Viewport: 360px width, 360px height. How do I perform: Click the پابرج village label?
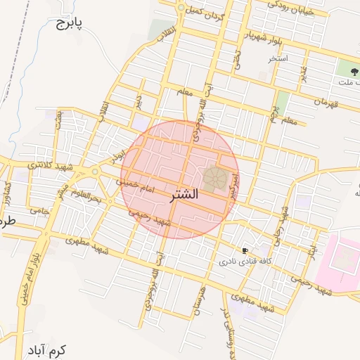[x=68, y=25]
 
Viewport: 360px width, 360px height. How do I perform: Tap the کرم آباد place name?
[x=46, y=349]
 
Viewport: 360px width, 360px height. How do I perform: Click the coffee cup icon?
[x=245, y=250]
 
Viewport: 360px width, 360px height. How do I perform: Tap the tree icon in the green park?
[x=346, y=70]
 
